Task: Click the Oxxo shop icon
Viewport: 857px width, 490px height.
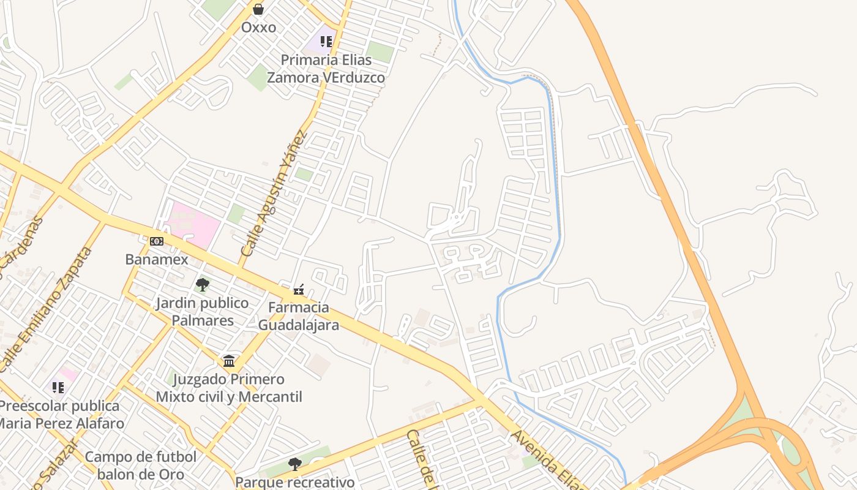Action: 258,9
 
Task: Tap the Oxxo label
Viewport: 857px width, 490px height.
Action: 258,28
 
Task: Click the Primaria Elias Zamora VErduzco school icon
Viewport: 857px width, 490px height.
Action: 326,42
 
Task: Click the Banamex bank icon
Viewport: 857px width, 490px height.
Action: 157,241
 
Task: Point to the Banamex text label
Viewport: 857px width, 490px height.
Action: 157,259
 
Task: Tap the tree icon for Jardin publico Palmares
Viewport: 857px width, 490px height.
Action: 203,285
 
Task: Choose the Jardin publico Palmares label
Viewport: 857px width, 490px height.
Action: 203,312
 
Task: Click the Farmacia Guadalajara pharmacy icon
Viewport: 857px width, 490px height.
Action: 299,288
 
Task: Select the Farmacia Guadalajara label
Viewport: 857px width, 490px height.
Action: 299,316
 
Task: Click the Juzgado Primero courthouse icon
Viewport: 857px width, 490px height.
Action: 229,361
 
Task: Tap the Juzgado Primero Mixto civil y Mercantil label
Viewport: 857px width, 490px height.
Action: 229,388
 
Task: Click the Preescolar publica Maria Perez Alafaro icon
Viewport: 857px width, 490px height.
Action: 58,387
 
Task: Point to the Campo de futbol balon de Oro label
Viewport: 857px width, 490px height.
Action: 141,466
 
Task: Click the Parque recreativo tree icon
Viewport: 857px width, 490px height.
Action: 295,464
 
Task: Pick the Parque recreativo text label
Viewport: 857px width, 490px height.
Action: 295,482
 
